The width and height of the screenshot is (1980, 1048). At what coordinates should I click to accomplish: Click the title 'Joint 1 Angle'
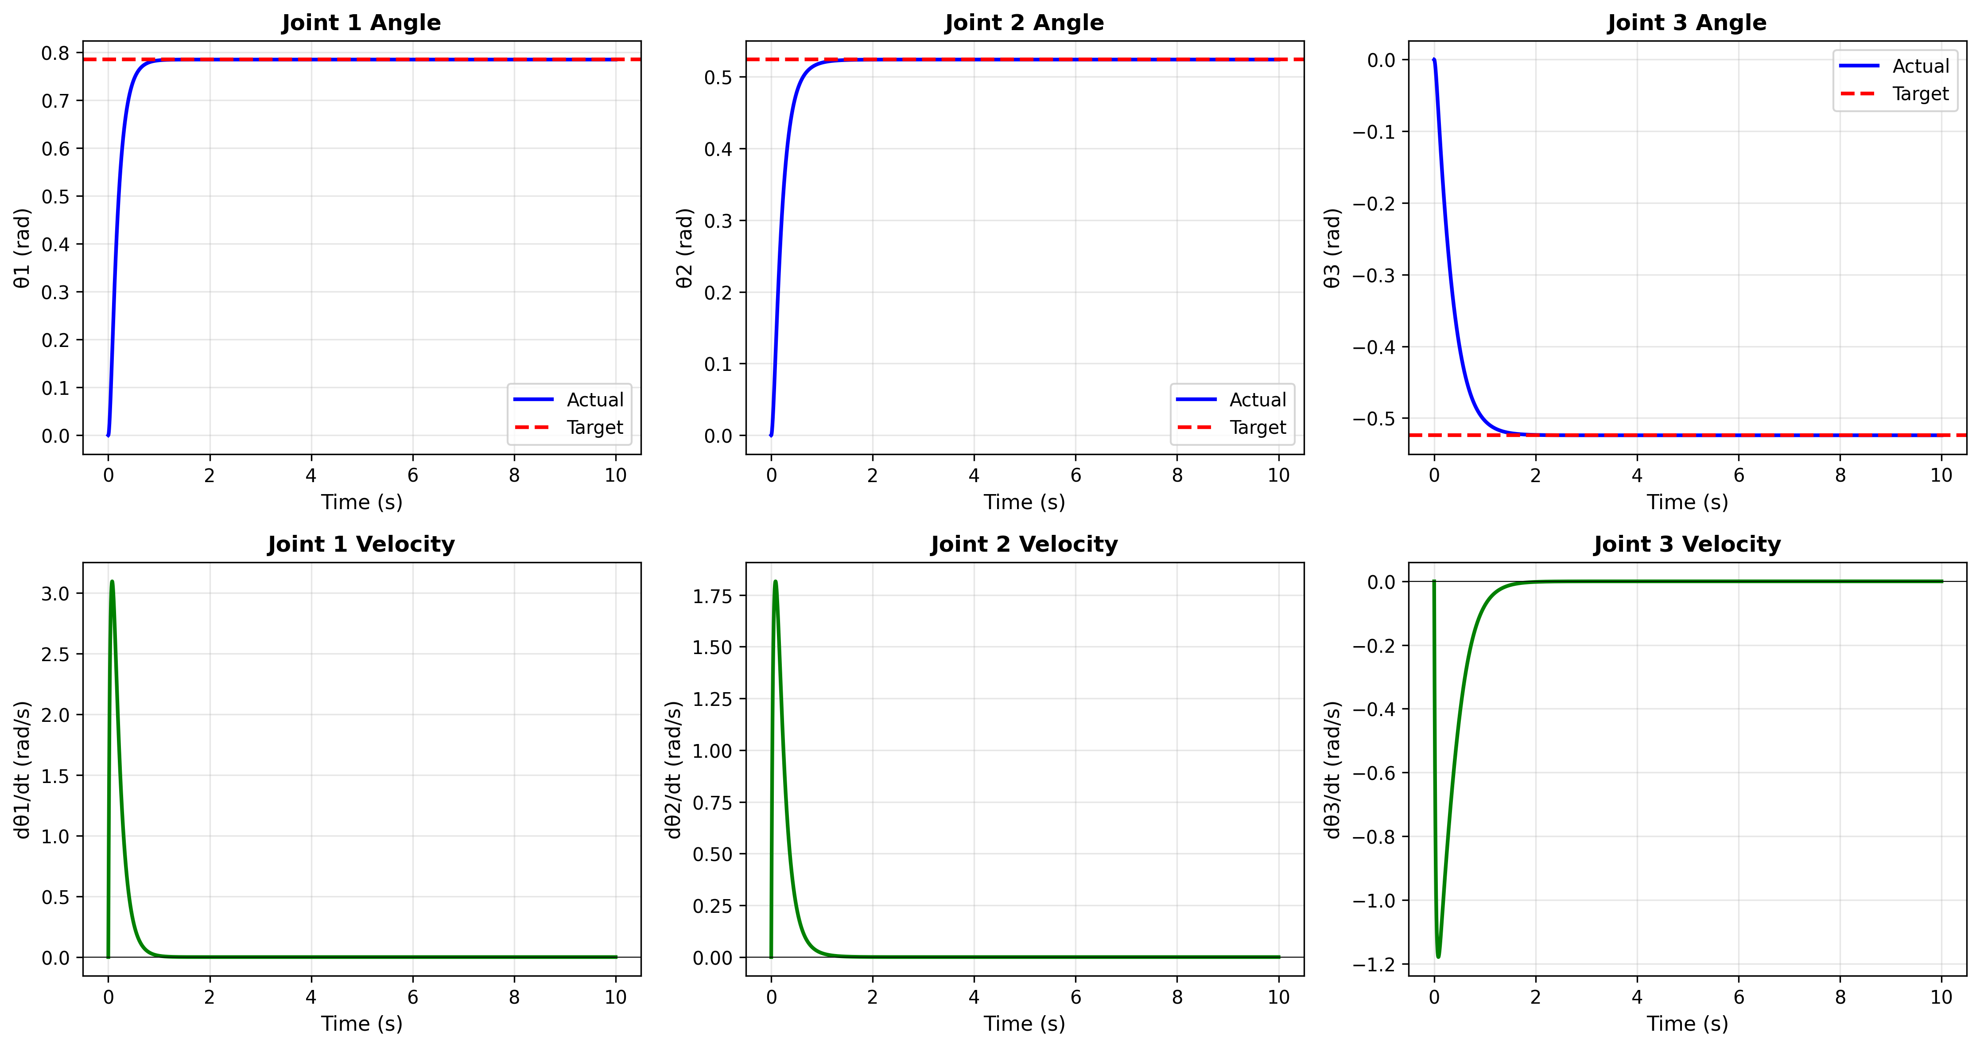(x=361, y=23)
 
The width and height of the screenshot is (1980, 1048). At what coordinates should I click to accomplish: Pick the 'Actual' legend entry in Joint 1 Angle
(x=594, y=400)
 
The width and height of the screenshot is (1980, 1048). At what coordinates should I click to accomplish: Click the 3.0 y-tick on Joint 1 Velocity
(x=55, y=594)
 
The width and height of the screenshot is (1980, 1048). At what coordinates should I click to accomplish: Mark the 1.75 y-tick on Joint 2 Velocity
(x=712, y=596)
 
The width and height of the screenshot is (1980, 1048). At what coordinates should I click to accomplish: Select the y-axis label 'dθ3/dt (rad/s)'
(x=1332, y=769)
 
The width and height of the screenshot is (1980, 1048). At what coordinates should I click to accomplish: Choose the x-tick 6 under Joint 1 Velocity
(x=413, y=997)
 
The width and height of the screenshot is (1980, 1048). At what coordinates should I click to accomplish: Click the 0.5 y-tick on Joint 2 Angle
(x=718, y=77)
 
